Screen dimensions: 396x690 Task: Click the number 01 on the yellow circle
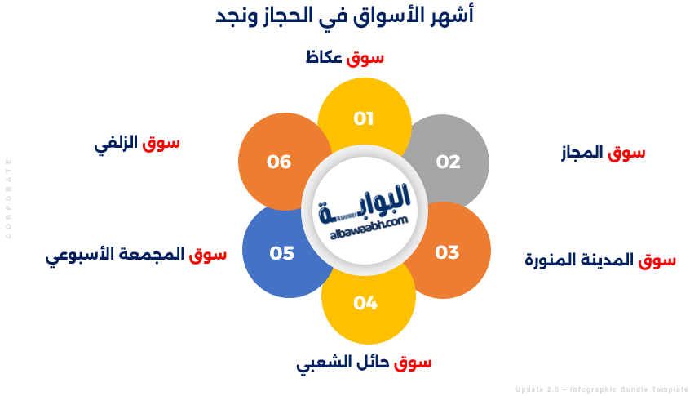[x=364, y=119]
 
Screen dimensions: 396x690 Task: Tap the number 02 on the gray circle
[x=448, y=162]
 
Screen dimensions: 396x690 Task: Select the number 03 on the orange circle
[x=447, y=252]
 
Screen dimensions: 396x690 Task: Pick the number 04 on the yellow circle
[x=365, y=304]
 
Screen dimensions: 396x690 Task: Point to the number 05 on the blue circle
[x=281, y=253]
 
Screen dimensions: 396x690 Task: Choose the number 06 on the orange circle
[x=279, y=162]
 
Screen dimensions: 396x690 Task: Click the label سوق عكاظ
[x=345, y=58]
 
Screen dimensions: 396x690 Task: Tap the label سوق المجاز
[x=604, y=153]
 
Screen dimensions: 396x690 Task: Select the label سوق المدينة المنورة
[x=599, y=260]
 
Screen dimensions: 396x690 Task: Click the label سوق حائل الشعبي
[x=364, y=362]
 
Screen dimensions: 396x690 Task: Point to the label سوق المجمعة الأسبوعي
[x=135, y=255]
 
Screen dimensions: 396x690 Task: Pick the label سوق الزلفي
[x=137, y=143]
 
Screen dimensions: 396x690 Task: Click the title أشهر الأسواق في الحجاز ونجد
[x=345, y=16]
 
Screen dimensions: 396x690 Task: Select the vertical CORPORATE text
[x=9, y=198]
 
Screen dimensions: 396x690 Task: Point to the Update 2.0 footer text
[x=601, y=389]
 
